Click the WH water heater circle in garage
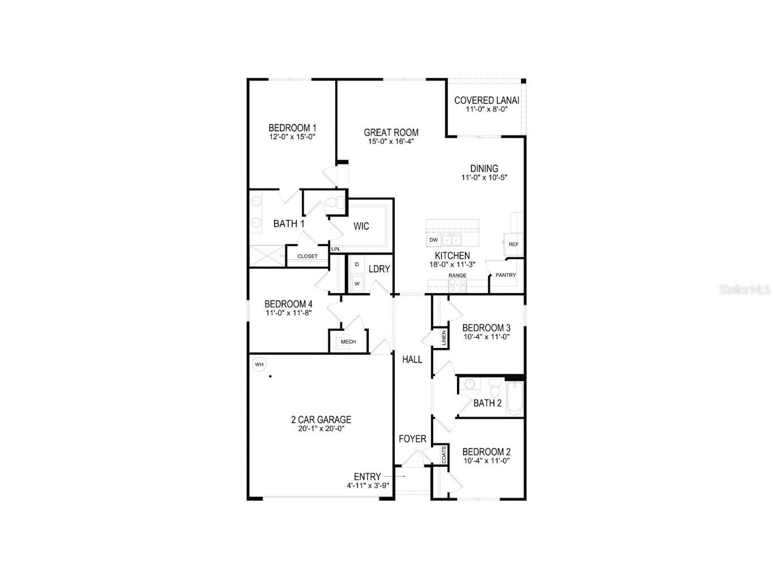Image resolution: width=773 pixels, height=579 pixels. [x=259, y=364]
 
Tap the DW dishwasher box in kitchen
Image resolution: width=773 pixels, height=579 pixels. [x=434, y=240]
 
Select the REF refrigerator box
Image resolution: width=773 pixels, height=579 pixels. [x=513, y=245]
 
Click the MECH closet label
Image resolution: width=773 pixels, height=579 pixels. [x=348, y=342]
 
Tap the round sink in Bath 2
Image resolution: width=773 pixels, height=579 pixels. [x=469, y=385]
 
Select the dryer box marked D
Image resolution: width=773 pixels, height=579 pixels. [x=357, y=264]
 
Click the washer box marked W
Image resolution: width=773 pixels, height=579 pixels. [x=357, y=284]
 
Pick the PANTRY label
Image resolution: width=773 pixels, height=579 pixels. [x=506, y=276]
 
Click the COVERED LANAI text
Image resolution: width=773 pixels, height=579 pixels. [x=486, y=101]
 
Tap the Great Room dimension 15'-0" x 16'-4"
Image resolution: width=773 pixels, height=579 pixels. [x=391, y=141]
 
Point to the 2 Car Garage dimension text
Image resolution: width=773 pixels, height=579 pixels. [x=321, y=428]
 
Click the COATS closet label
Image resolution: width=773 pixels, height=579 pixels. [x=443, y=455]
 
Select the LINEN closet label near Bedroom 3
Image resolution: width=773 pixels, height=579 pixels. [x=443, y=338]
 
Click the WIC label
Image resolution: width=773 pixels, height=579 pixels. [x=361, y=226]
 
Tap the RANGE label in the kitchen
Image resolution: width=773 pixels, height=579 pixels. [x=457, y=276]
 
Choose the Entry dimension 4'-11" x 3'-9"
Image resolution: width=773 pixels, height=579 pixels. [x=368, y=486]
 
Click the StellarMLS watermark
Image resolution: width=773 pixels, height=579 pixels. [x=745, y=290]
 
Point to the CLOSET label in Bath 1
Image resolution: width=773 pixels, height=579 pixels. [x=308, y=256]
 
